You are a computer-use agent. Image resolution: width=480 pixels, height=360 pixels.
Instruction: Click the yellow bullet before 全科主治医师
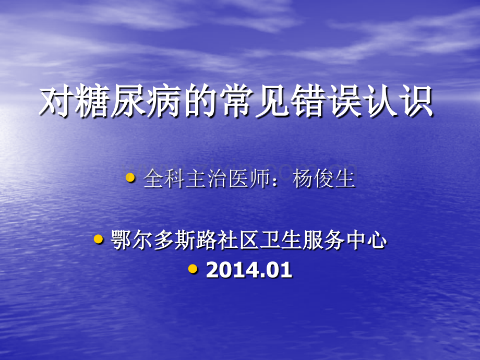click(130, 178)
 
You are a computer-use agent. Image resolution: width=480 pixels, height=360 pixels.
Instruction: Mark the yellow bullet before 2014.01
click(193, 269)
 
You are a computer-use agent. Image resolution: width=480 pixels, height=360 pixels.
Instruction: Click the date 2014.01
click(249, 270)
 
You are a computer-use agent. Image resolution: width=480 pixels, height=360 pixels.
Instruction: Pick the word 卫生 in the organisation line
click(279, 241)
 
